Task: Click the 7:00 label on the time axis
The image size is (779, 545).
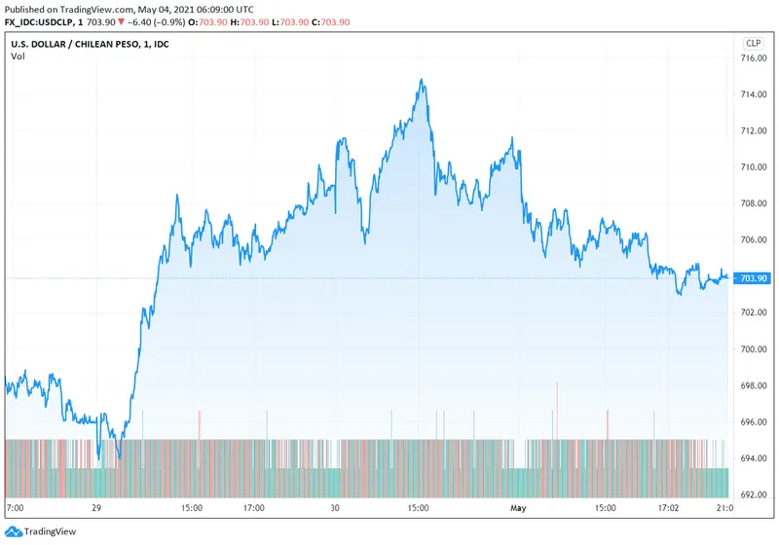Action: tap(16, 508)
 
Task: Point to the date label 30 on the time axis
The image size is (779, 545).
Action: tap(334, 508)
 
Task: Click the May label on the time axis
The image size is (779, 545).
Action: tap(517, 508)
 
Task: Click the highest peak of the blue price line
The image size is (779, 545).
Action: tap(421, 80)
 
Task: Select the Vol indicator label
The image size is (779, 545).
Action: tap(18, 56)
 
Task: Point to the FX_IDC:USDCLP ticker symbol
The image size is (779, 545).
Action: tap(45, 21)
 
